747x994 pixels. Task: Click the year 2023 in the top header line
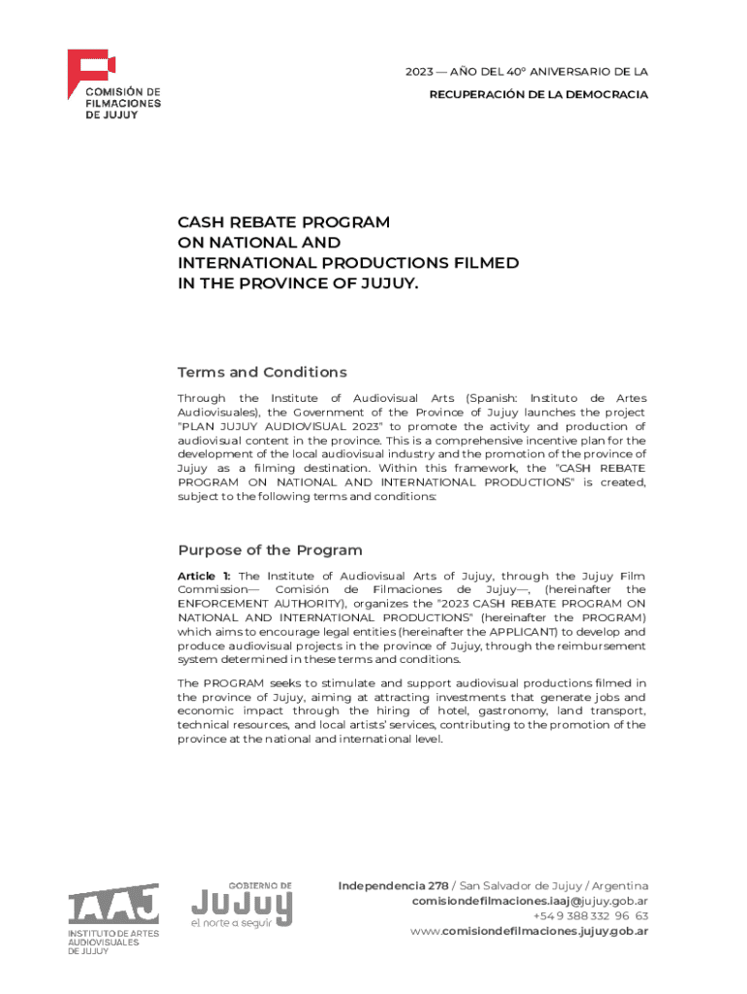tap(420, 72)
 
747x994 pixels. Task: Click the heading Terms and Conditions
tap(262, 373)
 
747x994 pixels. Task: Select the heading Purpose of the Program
tap(270, 550)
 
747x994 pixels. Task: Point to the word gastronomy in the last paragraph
tap(521, 712)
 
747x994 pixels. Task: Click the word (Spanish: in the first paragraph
tap(497, 399)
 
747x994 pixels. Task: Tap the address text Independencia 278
tap(393, 886)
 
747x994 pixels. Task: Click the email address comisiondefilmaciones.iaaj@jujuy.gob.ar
tap(530, 901)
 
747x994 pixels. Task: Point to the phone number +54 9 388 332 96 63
tap(591, 916)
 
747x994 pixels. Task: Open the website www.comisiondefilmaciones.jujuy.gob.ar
tap(529, 931)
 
